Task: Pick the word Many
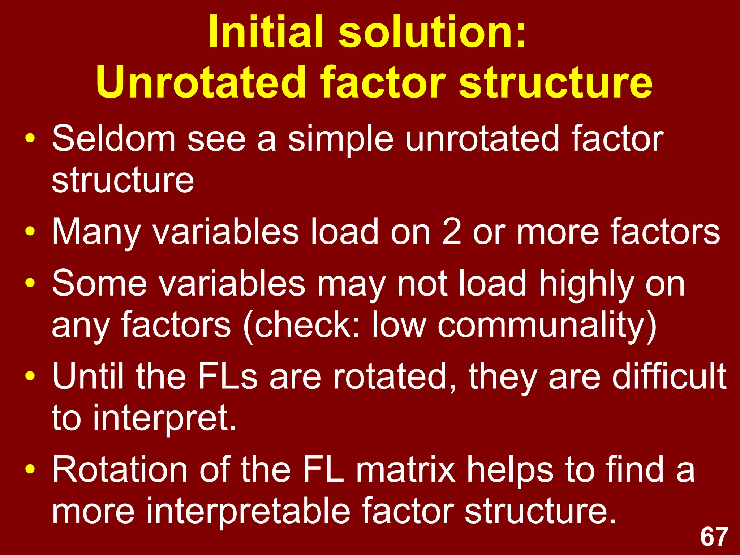click(96, 232)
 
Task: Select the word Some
click(99, 284)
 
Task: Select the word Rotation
click(120, 469)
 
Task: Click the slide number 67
click(714, 537)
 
